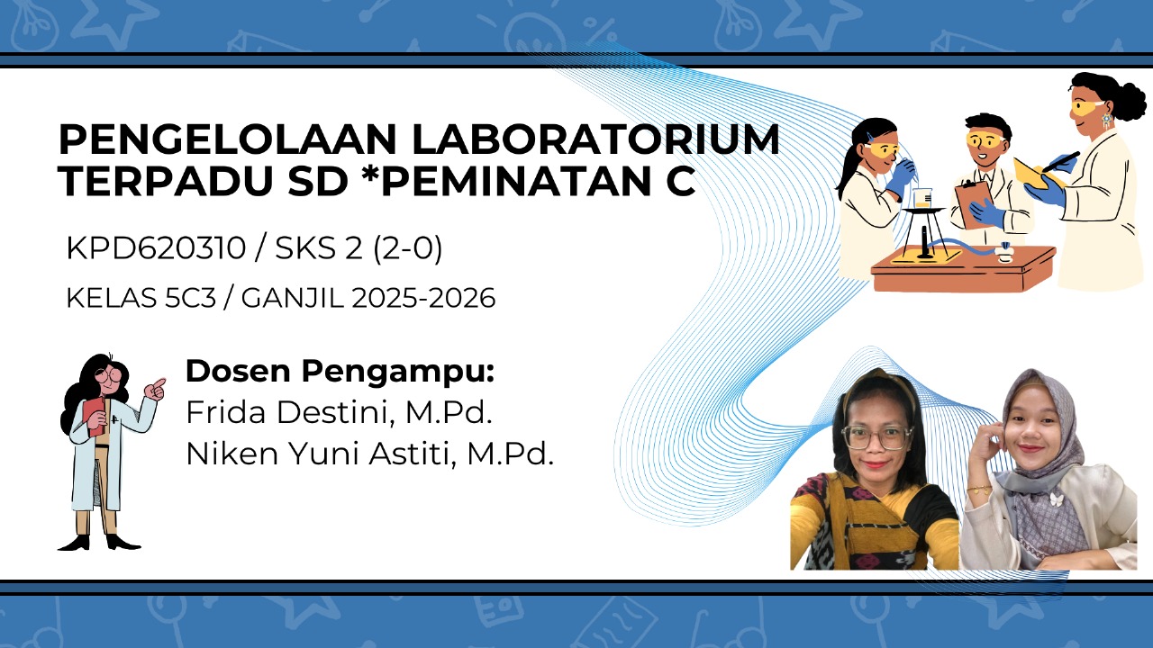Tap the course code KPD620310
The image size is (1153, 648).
pos(155,249)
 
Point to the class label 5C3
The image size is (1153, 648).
pos(192,298)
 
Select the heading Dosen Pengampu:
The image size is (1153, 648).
pos(340,371)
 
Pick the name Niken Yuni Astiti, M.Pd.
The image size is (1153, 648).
pos(369,454)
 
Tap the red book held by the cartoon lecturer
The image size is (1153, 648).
pos(95,417)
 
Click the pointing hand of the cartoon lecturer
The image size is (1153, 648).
pos(157,389)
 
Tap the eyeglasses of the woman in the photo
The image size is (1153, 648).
pos(874,437)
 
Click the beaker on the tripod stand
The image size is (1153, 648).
pos(921,198)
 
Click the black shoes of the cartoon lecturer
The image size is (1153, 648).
pos(99,542)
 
